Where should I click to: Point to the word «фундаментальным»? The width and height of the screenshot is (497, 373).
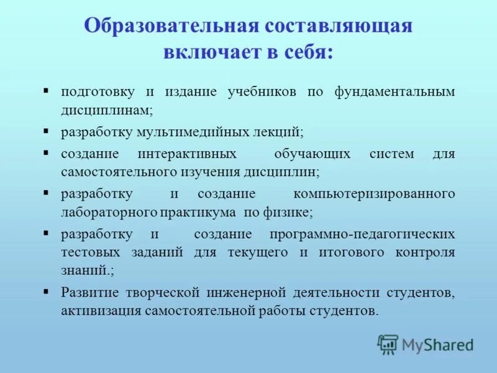point(394,91)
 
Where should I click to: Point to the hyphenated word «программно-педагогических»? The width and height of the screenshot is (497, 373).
point(362,234)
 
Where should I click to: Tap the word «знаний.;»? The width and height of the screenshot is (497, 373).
point(88,271)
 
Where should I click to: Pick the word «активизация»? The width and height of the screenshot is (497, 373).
point(100,310)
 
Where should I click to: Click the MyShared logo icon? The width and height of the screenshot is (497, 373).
point(388,344)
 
